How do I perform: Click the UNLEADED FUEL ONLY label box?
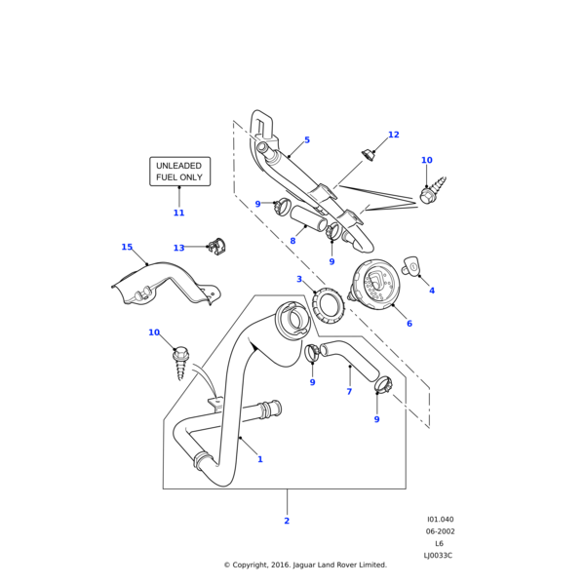178,172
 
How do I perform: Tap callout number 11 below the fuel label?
178,213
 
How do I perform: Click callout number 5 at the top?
306,140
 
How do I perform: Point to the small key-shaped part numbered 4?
411,265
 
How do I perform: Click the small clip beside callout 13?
216,248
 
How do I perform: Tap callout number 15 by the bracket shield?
127,248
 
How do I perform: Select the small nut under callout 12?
370,153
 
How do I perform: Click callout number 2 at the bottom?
287,521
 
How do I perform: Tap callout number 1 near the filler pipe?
259,459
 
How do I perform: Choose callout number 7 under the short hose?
349,392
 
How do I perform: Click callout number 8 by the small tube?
292,241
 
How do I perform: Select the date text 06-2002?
440,531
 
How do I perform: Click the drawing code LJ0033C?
438,555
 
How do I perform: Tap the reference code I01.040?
440,520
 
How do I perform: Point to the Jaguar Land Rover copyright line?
305,565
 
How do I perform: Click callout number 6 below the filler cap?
409,324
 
